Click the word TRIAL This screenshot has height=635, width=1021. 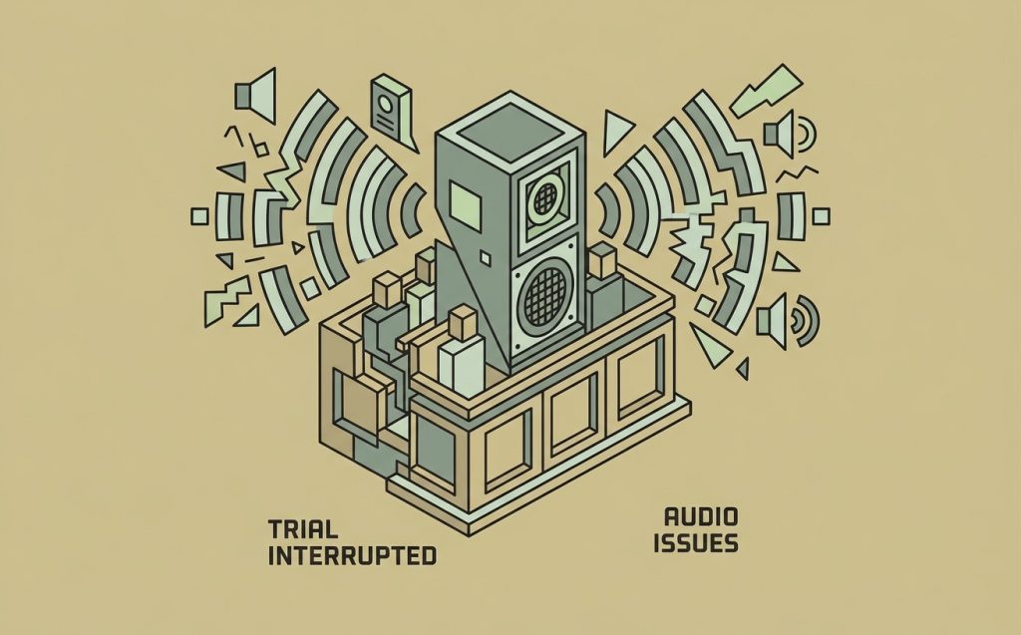pyautogui.click(x=303, y=528)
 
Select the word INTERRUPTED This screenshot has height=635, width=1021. pyautogui.click(x=352, y=556)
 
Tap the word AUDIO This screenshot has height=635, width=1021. pyautogui.click(x=701, y=517)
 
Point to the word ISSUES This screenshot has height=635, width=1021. pyautogui.click(x=696, y=543)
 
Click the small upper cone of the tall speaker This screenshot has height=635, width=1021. pyautogui.click(x=545, y=197)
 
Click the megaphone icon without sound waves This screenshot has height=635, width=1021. pyautogui.click(x=255, y=96)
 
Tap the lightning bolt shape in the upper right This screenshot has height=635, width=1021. pyautogui.click(x=766, y=90)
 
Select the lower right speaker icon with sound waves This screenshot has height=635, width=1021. pyautogui.click(x=787, y=320)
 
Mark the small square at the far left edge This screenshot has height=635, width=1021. pyautogui.click(x=199, y=216)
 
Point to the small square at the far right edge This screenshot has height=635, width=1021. pyautogui.click(x=822, y=215)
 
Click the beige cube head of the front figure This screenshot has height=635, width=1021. pyautogui.click(x=464, y=322)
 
